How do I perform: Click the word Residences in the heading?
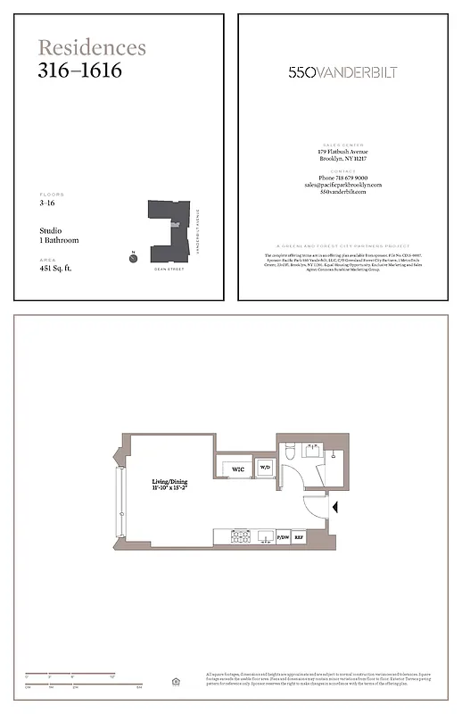92,47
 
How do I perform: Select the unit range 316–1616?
79,70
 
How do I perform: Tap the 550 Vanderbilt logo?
343,72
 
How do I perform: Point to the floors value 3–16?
48,203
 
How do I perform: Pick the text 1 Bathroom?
60,240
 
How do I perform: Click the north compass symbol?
132,258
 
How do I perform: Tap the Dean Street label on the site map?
168,268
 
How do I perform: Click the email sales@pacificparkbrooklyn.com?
343,185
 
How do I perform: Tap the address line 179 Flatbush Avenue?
343,152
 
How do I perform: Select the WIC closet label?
238,469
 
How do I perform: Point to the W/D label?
264,467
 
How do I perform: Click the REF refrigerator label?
301,537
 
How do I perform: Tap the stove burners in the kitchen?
240,536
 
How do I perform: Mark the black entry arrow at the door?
334,508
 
